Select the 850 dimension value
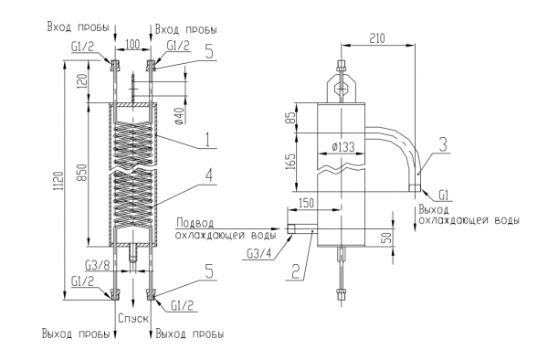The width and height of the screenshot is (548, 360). click(x=82, y=172)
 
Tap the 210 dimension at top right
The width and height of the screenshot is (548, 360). click(x=377, y=37)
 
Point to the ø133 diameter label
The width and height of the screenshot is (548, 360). click(x=342, y=147)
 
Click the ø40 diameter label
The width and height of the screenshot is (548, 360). click(x=179, y=116)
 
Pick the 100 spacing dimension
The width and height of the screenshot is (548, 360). click(x=132, y=45)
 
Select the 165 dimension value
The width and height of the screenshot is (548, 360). click(x=290, y=162)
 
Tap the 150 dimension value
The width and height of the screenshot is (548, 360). click(x=307, y=203)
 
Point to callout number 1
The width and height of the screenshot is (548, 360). click(x=207, y=140)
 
